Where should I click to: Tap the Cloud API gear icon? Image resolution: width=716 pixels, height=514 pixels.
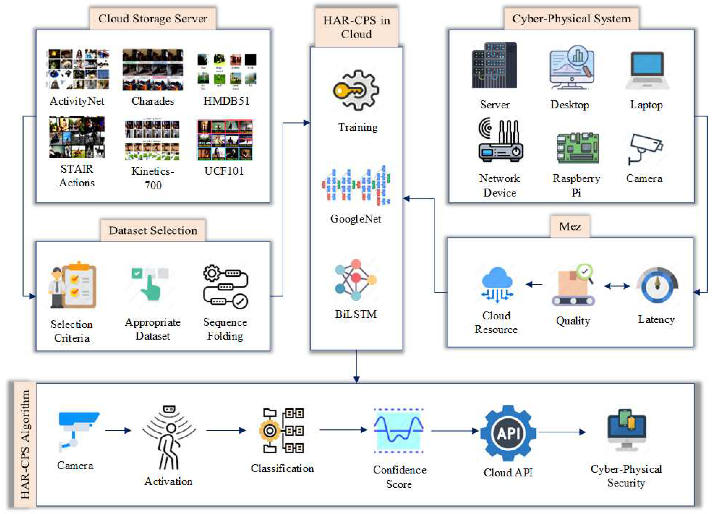coord(508,433)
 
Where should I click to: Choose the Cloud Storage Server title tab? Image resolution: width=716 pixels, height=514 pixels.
coord(153,19)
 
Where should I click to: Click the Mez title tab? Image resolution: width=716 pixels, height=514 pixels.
coord(570,226)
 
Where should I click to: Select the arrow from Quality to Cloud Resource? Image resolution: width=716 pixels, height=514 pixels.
coord(534,284)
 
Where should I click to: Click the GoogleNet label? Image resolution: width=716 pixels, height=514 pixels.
coord(356,219)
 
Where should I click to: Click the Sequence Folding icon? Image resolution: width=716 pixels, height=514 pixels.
coord(225,286)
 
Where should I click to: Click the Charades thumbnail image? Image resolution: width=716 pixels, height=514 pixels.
coord(153,70)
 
